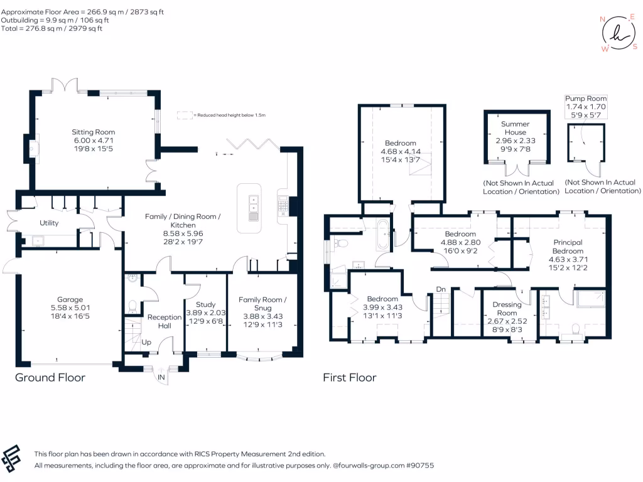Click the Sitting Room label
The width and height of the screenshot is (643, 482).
point(94,132)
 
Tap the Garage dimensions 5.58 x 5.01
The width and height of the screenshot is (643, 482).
point(70,308)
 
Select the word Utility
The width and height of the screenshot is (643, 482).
point(49,223)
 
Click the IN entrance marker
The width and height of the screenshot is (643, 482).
point(161,377)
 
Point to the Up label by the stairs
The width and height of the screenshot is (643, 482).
point(146,342)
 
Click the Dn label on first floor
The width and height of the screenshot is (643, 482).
point(441,289)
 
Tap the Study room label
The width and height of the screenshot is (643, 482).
point(205,304)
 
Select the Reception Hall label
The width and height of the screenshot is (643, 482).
point(165,321)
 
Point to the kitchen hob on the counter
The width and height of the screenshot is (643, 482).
point(283,206)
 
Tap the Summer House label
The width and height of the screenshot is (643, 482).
point(516,128)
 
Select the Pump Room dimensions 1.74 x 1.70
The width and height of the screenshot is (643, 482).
point(586,107)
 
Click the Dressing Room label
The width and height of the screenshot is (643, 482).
point(507,309)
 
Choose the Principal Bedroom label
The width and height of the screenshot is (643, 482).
point(568,247)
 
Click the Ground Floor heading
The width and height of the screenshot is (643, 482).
point(50,377)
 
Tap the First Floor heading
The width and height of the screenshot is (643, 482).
point(349,377)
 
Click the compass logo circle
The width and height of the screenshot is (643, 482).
point(619,33)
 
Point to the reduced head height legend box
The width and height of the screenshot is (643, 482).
point(185,115)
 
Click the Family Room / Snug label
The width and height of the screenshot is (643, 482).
point(263,304)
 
